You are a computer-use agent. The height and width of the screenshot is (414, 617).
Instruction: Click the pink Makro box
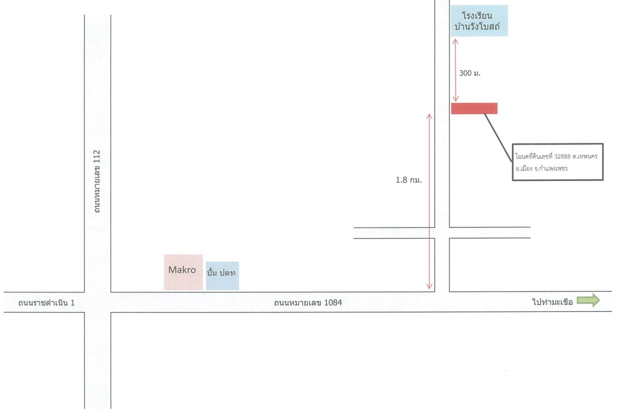[x=183, y=272]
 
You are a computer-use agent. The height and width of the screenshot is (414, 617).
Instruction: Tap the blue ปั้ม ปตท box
[x=222, y=275]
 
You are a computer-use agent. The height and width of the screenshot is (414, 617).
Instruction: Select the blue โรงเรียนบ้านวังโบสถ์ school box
[x=479, y=20]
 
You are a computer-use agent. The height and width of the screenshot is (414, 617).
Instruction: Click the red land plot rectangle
[x=474, y=108]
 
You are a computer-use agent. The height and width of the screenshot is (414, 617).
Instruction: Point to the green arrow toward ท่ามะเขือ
[x=589, y=300]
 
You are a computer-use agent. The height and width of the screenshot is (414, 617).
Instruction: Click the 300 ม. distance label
[x=470, y=73]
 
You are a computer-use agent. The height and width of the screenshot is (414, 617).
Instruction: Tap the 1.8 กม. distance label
[x=409, y=180]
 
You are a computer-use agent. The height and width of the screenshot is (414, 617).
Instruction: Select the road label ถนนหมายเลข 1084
[x=308, y=302]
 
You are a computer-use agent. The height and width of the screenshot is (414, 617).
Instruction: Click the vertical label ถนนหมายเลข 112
[x=97, y=181]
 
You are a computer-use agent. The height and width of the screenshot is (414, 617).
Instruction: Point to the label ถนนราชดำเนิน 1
[x=46, y=303]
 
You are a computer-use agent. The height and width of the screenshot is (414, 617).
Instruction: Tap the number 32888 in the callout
[x=563, y=156]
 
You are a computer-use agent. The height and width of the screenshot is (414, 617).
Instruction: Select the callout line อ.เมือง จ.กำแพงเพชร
[x=542, y=168]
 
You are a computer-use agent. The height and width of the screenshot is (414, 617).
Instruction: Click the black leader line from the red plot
[x=498, y=137]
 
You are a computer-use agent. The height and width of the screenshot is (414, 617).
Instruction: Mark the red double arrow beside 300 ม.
[x=456, y=70]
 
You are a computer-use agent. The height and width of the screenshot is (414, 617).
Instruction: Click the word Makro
[x=182, y=270]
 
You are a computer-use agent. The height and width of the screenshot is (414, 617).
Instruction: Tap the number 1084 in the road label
[x=333, y=302]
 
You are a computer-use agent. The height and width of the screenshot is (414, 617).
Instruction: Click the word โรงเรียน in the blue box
[x=477, y=15]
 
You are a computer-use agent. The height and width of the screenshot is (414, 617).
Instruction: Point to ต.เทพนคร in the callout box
[x=585, y=156]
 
